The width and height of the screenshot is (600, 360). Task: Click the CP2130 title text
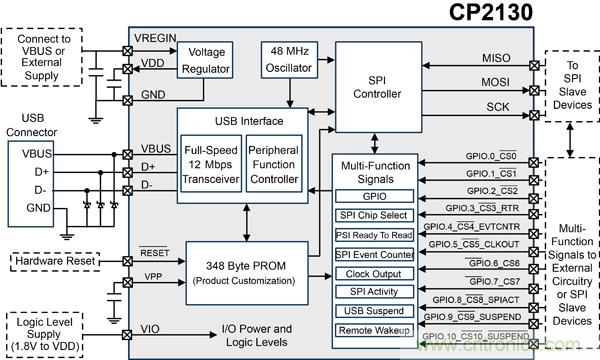coord(491,12)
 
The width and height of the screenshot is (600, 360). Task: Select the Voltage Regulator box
coord(205,60)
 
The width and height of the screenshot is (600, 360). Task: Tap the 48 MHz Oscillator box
coord(289,60)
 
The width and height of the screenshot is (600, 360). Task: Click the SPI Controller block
coord(378,87)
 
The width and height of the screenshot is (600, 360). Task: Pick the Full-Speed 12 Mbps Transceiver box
coord(211,164)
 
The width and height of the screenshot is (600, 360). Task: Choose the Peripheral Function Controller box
coord(274,164)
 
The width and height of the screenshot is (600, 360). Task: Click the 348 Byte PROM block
coord(247,273)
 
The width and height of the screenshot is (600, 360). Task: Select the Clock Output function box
coord(374,274)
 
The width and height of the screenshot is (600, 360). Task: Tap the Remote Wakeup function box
coord(374,330)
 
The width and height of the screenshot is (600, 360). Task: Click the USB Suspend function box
coord(374,311)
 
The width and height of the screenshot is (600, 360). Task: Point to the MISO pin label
coord(496,58)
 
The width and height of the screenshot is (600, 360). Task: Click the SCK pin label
coord(498,107)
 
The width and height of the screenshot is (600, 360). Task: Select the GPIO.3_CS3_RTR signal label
coord(482,208)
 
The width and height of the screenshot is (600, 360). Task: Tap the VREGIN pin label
coord(155,38)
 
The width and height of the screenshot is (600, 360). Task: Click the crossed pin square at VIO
coord(127,335)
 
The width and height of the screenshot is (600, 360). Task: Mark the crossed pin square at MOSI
coord(534,91)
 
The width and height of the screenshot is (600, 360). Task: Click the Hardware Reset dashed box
coord(55,262)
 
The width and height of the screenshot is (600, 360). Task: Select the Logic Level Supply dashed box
coord(44,335)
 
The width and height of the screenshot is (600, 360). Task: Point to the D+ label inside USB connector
coord(42,172)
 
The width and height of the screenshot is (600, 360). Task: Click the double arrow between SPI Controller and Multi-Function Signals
coord(375,143)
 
